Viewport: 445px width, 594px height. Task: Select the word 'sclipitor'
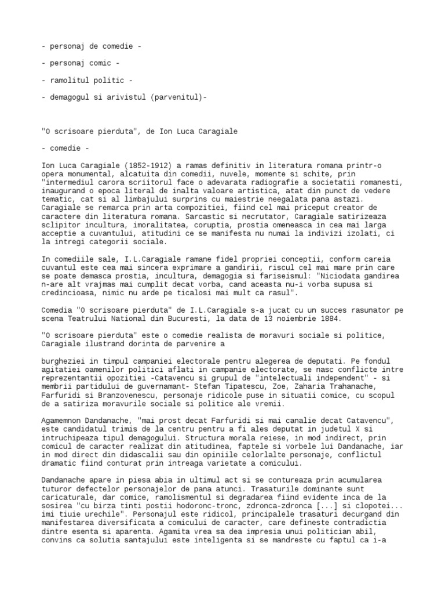(x=63, y=224)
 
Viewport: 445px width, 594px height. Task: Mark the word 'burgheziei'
(x=64, y=360)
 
